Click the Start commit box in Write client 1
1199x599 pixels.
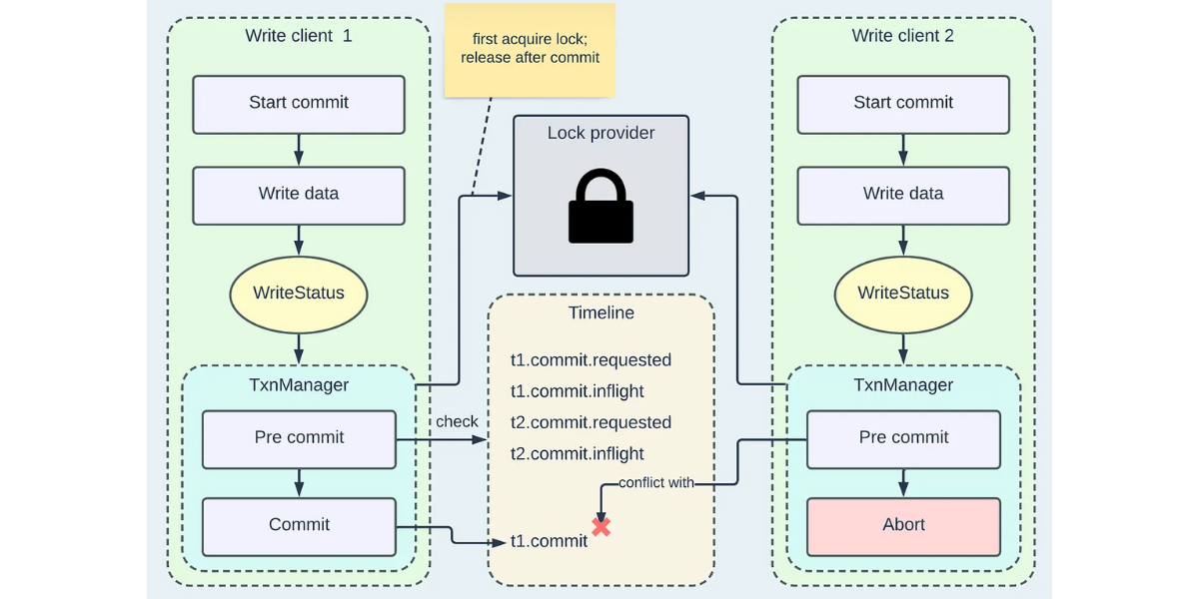299,104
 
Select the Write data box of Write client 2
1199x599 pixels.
903,195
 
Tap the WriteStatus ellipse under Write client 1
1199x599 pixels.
299,294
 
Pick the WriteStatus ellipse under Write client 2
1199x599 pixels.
903,294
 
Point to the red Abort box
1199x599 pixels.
903,526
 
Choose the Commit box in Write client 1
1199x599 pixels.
299,526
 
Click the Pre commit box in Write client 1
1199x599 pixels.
299,438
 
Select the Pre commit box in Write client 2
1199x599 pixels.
903,438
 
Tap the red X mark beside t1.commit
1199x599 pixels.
600,526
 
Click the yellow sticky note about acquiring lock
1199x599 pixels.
530,50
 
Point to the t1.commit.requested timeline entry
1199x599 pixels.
591,360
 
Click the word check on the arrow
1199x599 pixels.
457,422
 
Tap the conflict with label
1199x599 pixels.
655,483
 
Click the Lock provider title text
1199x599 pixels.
600,133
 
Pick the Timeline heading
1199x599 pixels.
600,312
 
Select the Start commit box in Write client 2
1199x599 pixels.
903,104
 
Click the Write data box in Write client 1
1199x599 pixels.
299,195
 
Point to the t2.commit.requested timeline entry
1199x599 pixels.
591,423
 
